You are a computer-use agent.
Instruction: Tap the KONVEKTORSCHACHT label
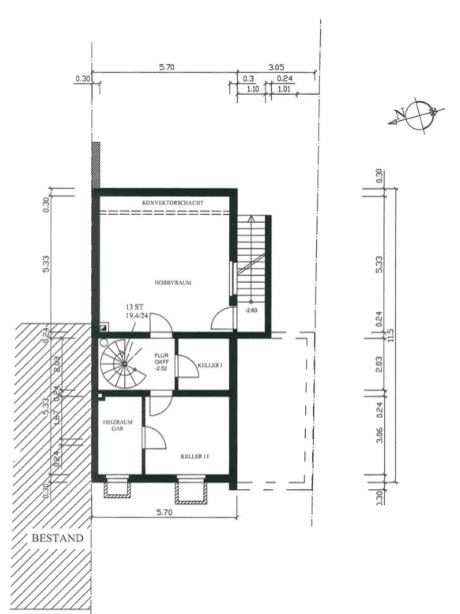point(173,203)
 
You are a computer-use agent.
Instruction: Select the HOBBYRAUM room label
point(174,281)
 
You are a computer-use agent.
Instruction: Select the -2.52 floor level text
point(160,369)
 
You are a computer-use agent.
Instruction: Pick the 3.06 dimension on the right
point(380,437)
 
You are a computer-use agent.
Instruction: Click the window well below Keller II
point(191,491)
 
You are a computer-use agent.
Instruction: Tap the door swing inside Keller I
point(187,366)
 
